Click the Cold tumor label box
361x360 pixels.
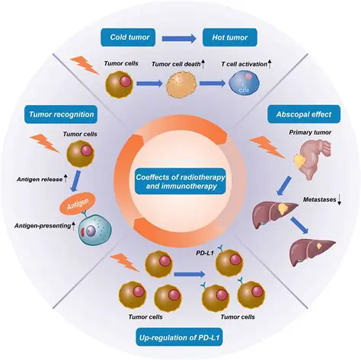pyautogui.click(x=129, y=35)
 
